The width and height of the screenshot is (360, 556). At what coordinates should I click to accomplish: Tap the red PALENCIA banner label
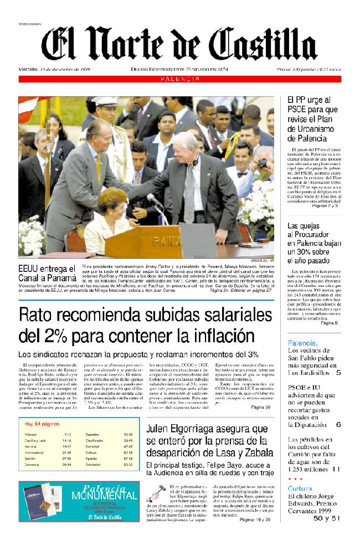point(181,79)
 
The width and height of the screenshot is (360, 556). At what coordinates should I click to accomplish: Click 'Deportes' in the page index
point(92,435)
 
